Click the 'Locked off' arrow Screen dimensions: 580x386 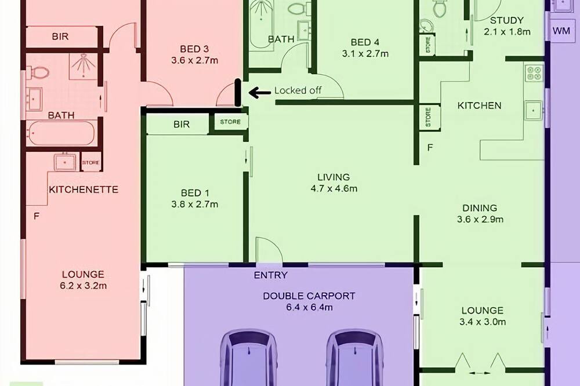(x=260, y=92)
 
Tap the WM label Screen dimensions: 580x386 (x=561, y=31)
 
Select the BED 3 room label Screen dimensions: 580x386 (x=194, y=49)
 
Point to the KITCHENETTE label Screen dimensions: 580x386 (x=84, y=190)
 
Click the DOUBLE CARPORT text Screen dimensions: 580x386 (x=309, y=296)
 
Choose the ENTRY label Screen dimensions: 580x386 (x=270, y=275)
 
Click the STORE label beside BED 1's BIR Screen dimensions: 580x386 (x=230, y=122)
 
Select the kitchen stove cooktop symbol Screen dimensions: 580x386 (x=534, y=73)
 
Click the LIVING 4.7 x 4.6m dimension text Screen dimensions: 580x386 (x=334, y=188)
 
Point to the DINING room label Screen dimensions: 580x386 (x=480, y=208)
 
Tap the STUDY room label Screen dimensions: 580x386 (x=507, y=20)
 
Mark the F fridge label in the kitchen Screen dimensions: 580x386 (x=430, y=148)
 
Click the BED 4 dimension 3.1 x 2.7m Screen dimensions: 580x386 (x=365, y=53)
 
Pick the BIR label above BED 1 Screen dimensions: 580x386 (x=181, y=124)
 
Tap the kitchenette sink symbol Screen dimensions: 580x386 (x=65, y=162)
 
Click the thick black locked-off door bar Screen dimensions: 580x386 (x=238, y=93)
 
